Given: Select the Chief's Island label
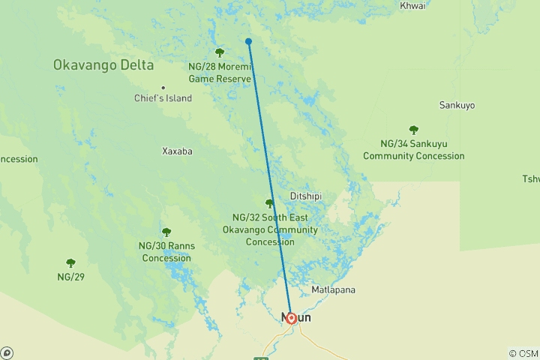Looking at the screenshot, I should coord(163,98).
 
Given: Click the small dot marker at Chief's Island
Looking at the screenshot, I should coord(163,88).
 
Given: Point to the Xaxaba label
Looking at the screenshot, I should coord(178,151).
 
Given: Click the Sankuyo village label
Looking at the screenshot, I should coord(457,105).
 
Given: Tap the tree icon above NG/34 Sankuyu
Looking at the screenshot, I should coord(413,130).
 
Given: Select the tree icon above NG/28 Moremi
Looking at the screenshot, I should coord(220,52).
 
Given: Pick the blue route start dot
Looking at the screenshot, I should coord(248,42).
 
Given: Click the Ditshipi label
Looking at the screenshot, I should coord(305,196).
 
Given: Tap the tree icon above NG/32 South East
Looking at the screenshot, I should coord(269,203).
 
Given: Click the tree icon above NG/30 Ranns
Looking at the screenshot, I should coord(166,232).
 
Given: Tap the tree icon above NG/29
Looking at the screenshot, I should coord(71,263).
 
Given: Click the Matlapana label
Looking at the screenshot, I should coord(333,289).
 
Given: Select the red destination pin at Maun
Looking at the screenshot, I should coord(291,317).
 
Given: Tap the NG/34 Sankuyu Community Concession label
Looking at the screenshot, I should coord(413,150).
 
